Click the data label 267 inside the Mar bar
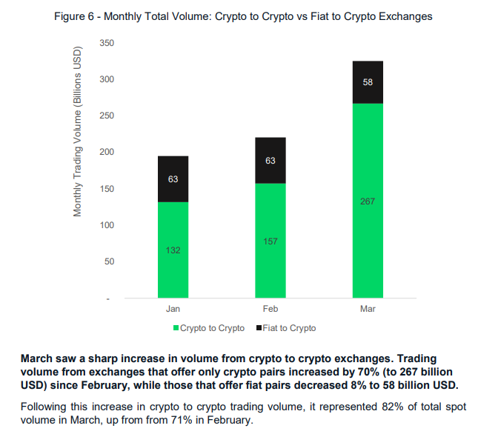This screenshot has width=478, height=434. click(368, 201)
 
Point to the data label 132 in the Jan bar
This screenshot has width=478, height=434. click(173, 250)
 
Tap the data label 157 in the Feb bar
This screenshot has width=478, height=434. click(270, 241)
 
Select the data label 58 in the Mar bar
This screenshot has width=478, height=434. click(368, 82)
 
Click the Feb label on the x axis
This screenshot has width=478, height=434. click(270, 308)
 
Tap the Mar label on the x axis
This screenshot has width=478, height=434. click(368, 308)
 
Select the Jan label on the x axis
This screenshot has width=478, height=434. click(173, 308)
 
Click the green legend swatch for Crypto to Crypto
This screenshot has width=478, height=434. click(176, 327)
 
